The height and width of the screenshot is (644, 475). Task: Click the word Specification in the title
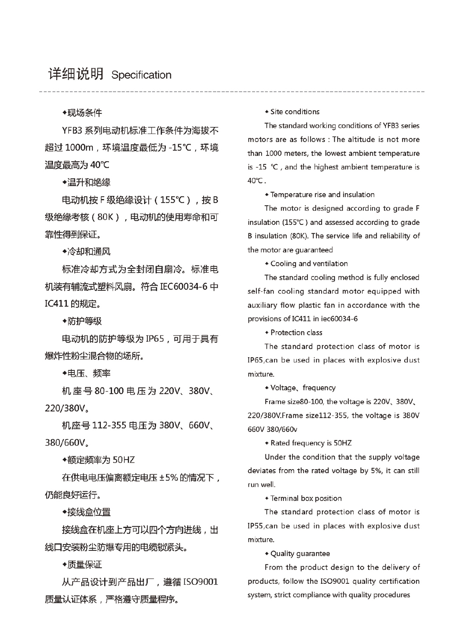(x=141, y=75)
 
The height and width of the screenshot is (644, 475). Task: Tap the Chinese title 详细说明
(x=76, y=74)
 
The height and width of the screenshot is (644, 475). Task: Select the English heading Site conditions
(x=295, y=112)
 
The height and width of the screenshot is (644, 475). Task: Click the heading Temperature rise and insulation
(x=322, y=195)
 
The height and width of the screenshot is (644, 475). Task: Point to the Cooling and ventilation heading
(x=309, y=264)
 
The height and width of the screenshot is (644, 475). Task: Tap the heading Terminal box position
(x=306, y=498)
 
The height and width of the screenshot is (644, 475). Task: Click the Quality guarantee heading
(x=300, y=554)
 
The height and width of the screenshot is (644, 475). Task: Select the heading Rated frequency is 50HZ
(x=311, y=443)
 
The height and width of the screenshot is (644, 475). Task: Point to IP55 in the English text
(x=256, y=526)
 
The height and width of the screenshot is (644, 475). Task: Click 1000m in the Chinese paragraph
(x=79, y=148)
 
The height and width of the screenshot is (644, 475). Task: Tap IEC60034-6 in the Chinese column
(x=183, y=287)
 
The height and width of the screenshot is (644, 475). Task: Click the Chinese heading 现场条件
(x=84, y=113)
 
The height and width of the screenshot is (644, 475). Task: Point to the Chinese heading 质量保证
(x=84, y=564)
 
